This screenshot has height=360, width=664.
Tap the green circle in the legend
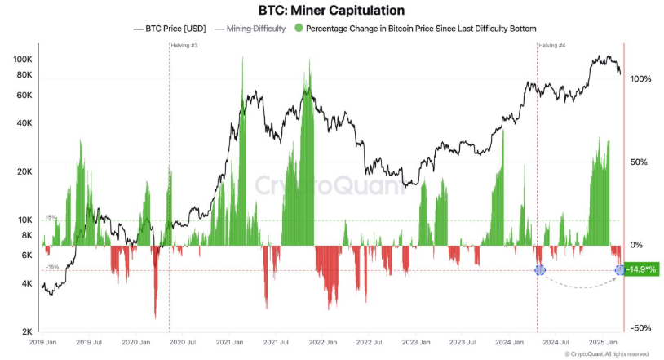(x=299, y=29)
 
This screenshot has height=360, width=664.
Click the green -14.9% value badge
(x=641, y=269)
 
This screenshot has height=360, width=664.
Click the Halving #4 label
(x=551, y=45)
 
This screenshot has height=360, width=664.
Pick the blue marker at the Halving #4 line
(x=538, y=269)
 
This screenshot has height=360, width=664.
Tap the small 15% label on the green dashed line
(x=51, y=217)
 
